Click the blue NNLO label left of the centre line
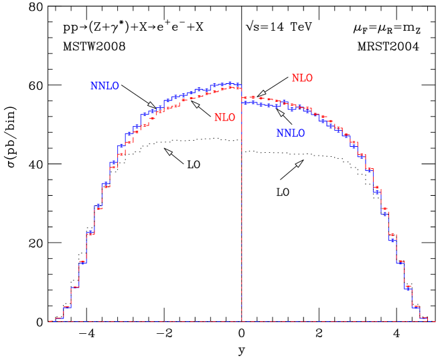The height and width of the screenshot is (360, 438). point(104,86)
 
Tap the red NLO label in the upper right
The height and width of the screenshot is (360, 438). point(302,78)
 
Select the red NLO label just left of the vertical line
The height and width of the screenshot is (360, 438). point(224,118)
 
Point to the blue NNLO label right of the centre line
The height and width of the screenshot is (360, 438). point(291,133)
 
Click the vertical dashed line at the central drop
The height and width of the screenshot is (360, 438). point(242,201)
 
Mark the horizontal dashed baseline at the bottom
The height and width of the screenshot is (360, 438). point(167,321)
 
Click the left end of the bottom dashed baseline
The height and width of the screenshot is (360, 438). point(50,321)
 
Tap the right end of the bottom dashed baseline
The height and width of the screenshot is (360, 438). point(435,321)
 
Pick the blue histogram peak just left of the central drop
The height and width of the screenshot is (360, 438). point(234,84)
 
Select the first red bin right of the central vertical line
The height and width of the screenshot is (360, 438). point(246,98)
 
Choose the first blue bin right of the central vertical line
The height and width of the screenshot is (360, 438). point(246,102)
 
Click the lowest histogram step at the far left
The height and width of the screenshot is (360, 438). point(59,318)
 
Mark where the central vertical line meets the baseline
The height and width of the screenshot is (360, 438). point(242,321)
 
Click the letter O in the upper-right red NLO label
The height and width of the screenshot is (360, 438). point(308,78)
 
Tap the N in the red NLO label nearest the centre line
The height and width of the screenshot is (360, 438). point(218,118)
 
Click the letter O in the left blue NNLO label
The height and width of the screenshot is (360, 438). point(115,86)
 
